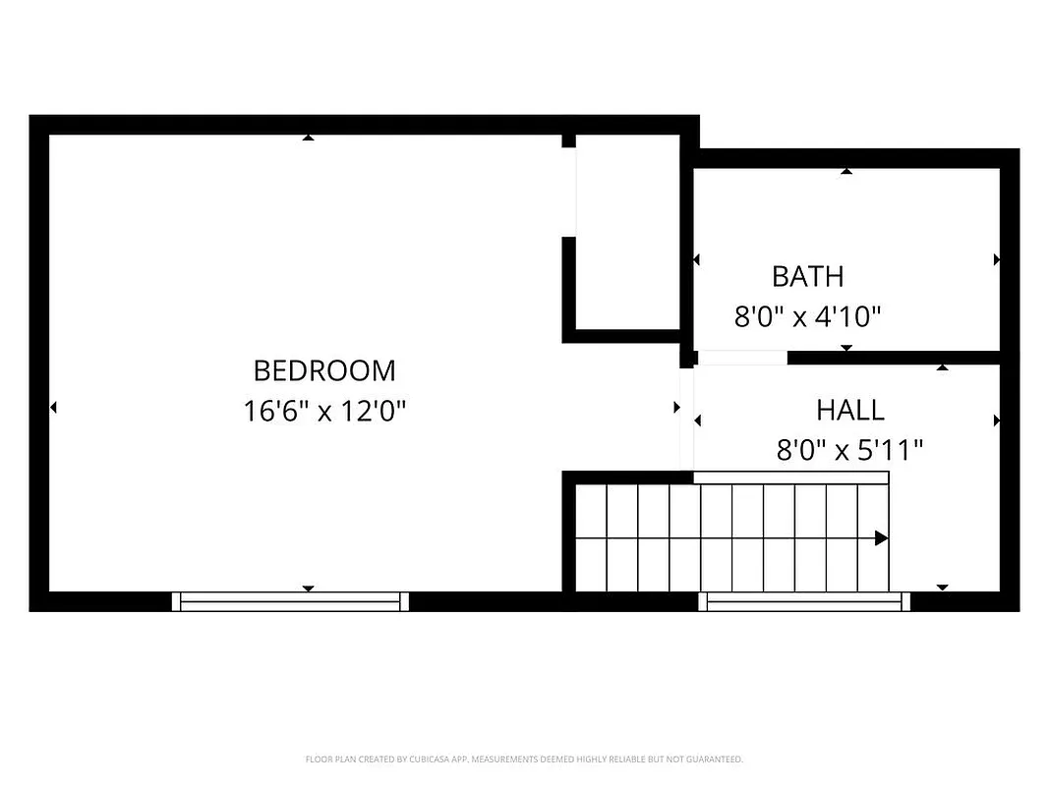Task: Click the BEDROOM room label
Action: pyautogui.click(x=324, y=371)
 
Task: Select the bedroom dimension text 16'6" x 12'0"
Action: pyautogui.click(x=324, y=411)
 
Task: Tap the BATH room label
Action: pyautogui.click(x=807, y=277)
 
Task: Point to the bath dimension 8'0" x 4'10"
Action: pyautogui.click(x=807, y=317)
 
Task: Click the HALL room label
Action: pyautogui.click(x=849, y=410)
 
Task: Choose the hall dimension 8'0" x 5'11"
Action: pyautogui.click(x=849, y=451)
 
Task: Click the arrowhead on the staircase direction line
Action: pyautogui.click(x=881, y=538)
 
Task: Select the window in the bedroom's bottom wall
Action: pyautogui.click(x=290, y=601)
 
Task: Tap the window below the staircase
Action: pyautogui.click(x=803, y=601)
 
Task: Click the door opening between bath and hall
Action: pyautogui.click(x=742, y=358)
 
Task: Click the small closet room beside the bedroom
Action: pyautogui.click(x=627, y=232)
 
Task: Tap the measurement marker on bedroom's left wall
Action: pyautogui.click(x=53, y=407)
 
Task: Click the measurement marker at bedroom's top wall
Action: pyautogui.click(x=308, y=138)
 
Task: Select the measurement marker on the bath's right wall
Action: pyautogui.click(x=996, y=260)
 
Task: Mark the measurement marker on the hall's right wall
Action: pyautogui.click(x=996, y=421)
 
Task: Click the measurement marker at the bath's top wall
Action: pyautogui.click(x=845, y=172)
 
